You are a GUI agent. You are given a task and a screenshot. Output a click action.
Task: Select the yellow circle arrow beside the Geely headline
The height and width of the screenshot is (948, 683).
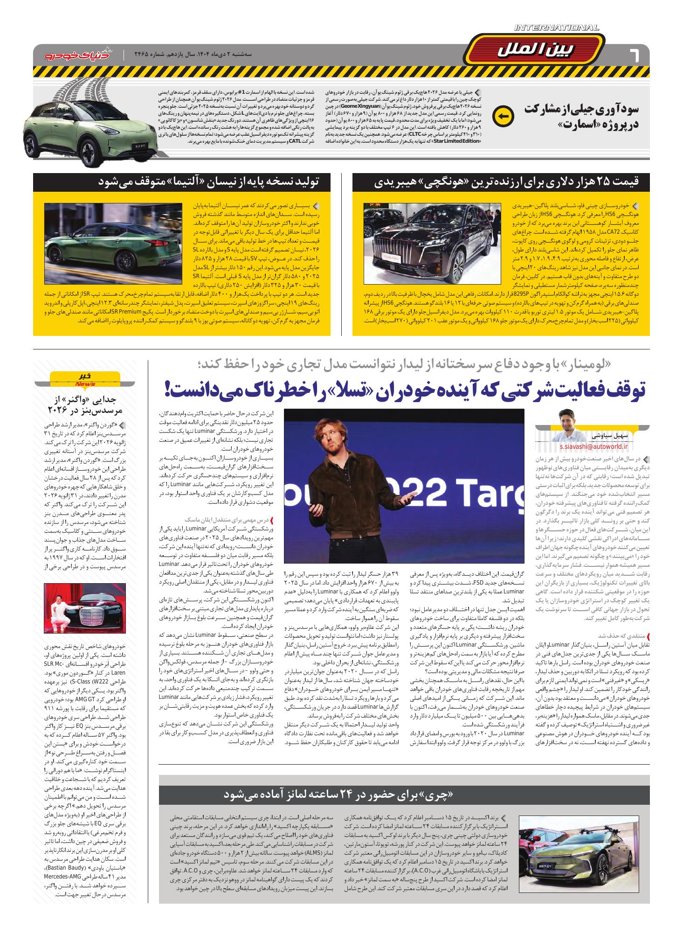[x=503, y=115]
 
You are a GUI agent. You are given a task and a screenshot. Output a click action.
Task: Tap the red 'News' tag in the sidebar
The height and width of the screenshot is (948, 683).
[x=85, y=384]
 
